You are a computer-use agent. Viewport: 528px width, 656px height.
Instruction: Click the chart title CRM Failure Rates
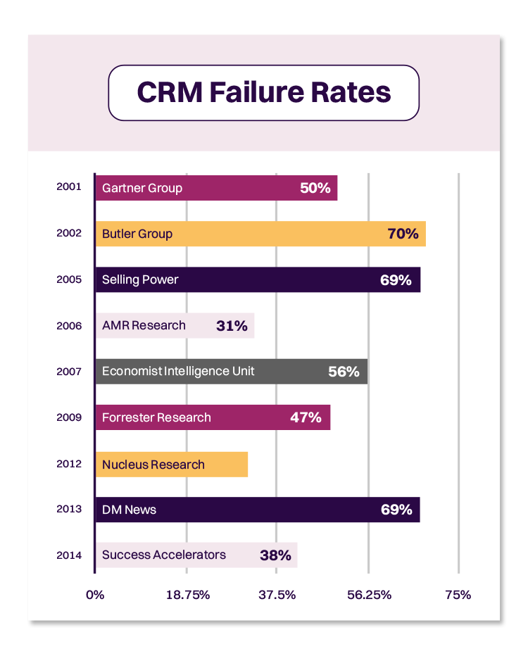coord(263,93)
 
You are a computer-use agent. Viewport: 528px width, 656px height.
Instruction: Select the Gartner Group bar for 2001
coord(216,189)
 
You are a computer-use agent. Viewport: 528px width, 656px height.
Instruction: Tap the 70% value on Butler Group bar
coord(403,234)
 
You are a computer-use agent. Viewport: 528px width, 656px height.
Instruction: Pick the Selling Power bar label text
coord(140,280)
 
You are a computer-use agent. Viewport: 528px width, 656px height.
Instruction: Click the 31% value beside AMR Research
coord(232,326)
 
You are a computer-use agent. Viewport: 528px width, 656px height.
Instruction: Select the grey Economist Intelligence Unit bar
coord(231,372)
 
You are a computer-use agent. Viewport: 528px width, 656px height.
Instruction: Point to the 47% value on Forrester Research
coord(306,417)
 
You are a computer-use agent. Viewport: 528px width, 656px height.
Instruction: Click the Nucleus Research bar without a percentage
coord(171,465)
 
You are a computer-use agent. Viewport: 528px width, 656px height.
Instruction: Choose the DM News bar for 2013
coord(257,510)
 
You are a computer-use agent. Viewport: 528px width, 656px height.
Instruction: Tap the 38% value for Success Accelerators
coord(275,555)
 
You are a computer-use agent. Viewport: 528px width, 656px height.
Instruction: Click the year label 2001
coord(69,188)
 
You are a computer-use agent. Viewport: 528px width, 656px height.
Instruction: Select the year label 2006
coord(69,326)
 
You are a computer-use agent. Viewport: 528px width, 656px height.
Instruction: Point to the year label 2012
coord(69,464)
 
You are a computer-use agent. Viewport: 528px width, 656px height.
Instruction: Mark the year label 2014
coord(69,555)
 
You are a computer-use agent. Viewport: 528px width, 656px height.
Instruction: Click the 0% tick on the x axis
coord(95,595)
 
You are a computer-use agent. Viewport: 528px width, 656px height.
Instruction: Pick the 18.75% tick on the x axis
coord(188,595)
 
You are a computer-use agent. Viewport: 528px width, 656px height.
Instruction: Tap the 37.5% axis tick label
coord(277,595)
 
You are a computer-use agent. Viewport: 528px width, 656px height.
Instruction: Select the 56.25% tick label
coord(369,595)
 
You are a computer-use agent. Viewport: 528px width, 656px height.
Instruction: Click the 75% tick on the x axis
coord(458,595)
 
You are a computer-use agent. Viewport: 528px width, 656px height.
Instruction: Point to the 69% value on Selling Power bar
coord(396,280)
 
